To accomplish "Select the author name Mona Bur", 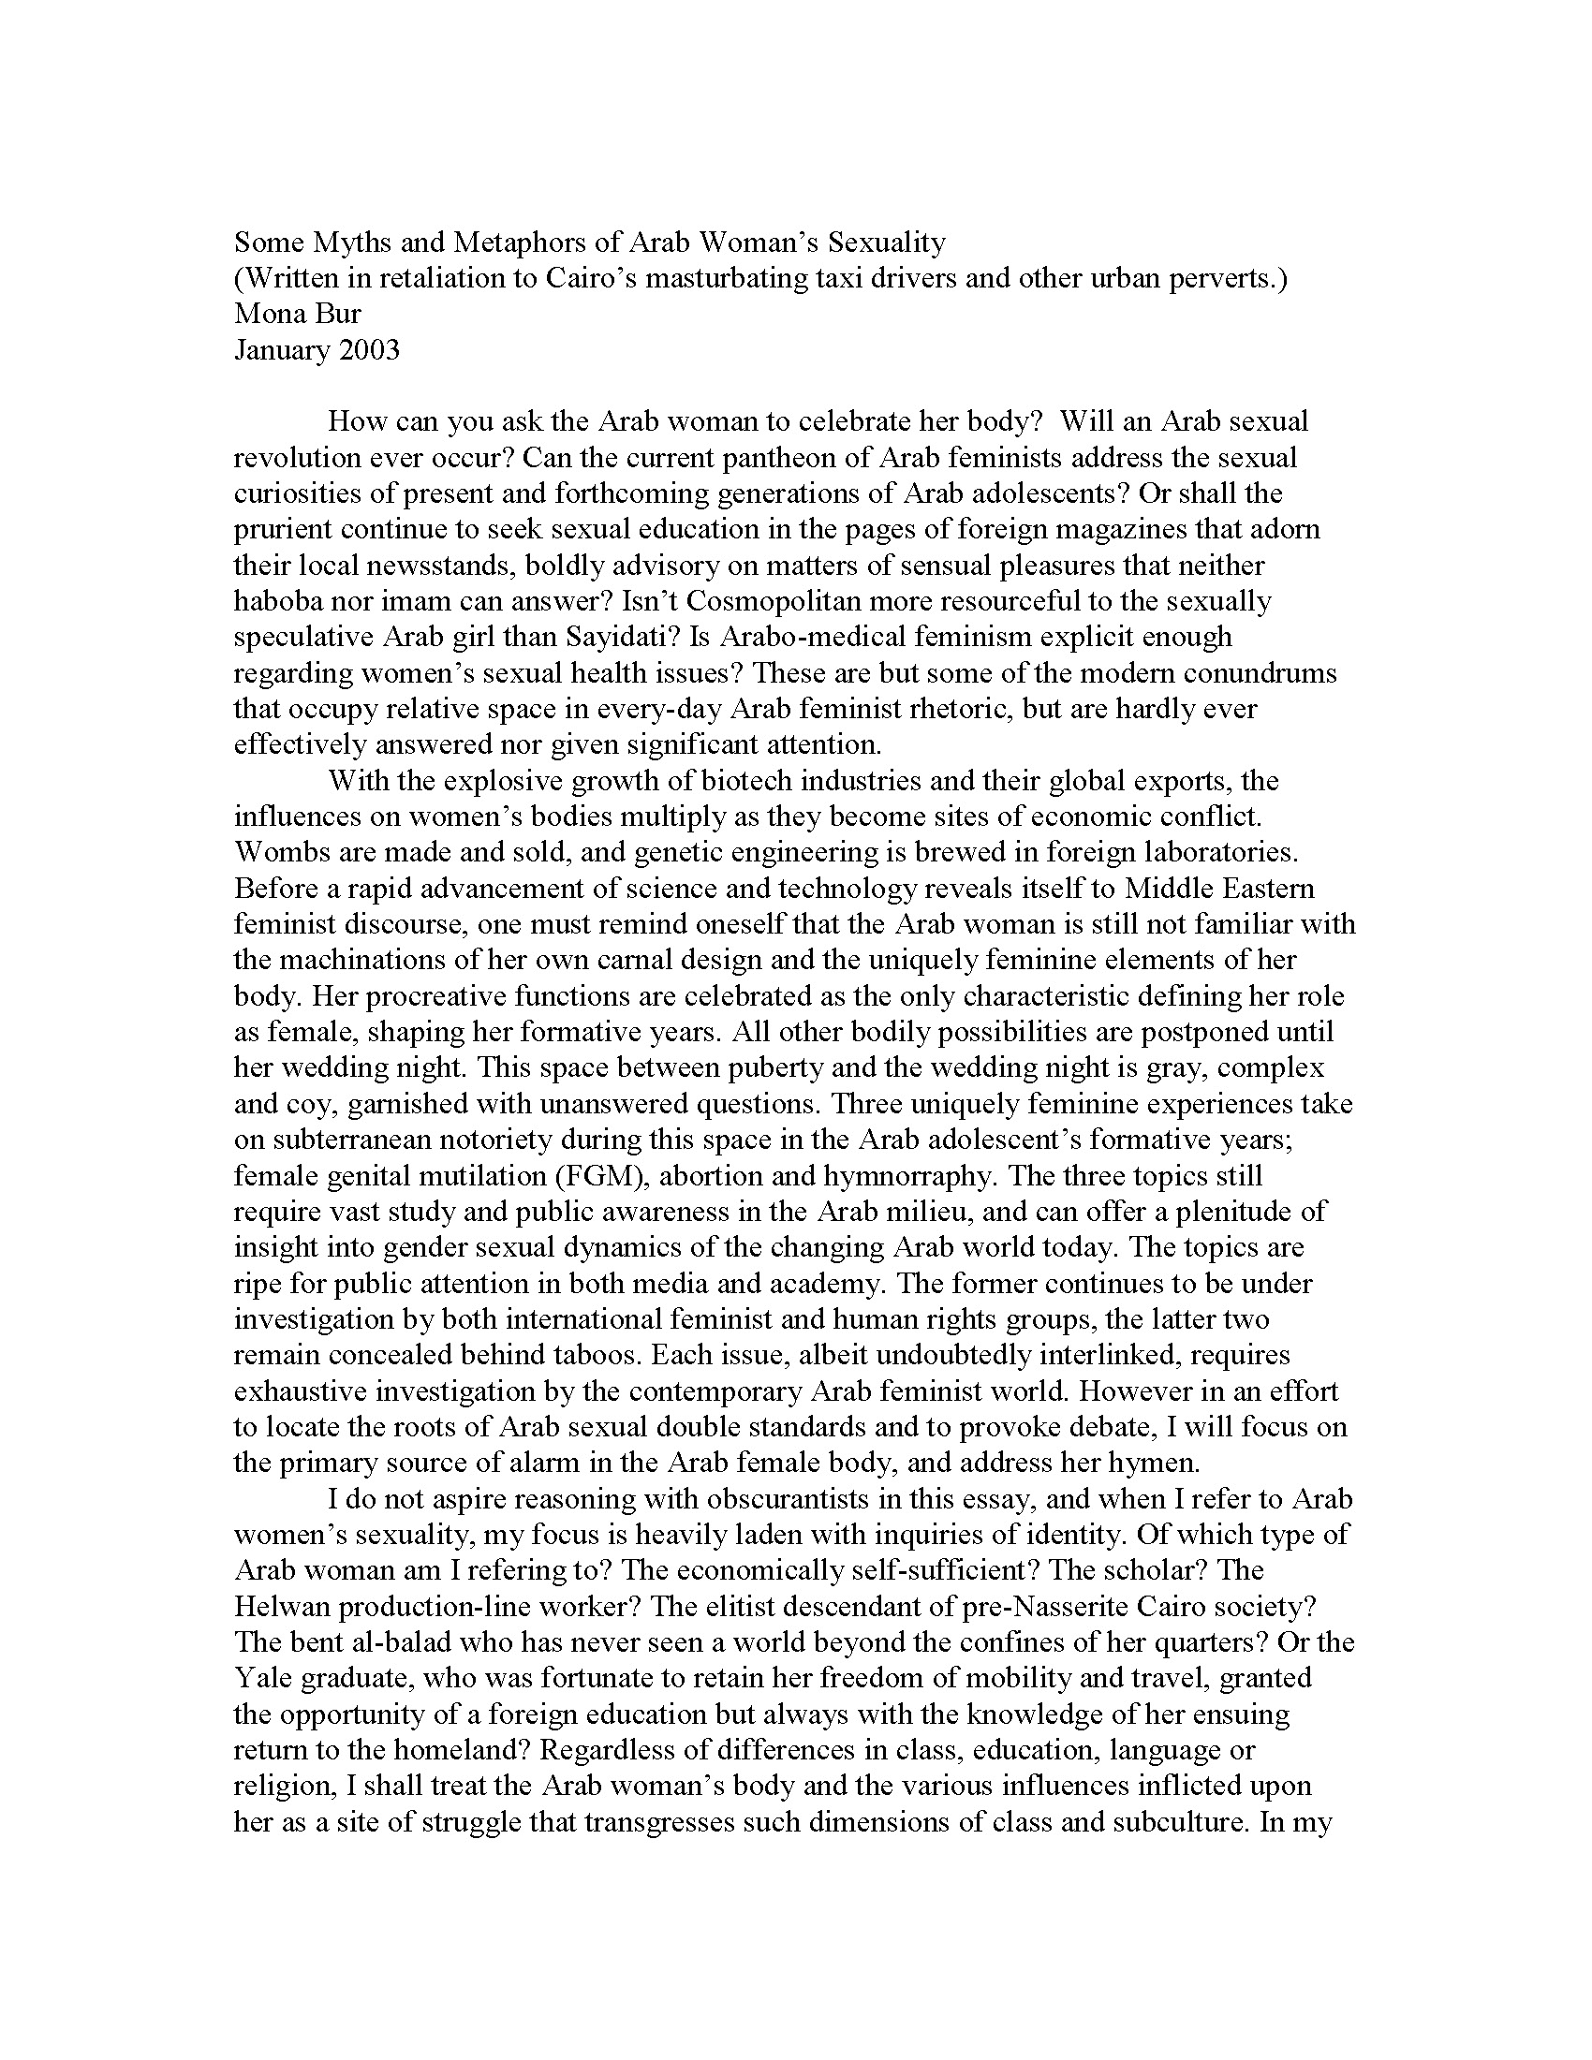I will (x=297, y=314).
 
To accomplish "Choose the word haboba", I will (x=277, y=601).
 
